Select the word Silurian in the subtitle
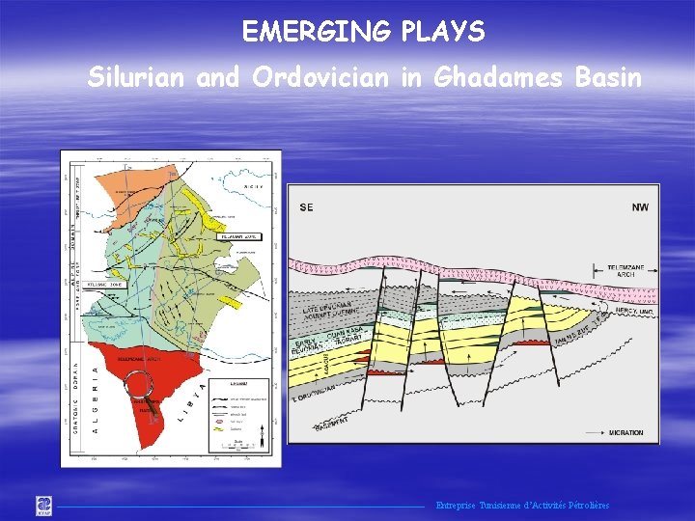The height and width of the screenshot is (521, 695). click(137, 77)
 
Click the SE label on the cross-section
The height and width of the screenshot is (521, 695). click(306, 207)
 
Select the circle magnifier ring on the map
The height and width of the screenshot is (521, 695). click(142, 386)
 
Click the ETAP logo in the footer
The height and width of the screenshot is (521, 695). click(44, 505)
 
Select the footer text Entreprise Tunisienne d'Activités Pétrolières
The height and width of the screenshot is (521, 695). click(522, 506)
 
